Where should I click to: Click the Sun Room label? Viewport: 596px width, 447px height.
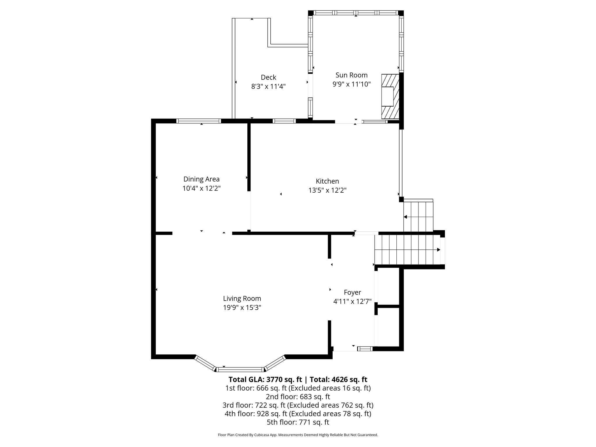click(x=352, y=75)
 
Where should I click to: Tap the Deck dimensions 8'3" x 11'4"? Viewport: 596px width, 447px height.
click(x=268, y=86)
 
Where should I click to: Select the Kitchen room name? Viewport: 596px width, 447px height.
click(x=327, y=181)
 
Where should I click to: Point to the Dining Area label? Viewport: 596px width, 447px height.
click(x=201, y=179)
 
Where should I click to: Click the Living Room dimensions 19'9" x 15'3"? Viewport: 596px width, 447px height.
click(x=242, y=308)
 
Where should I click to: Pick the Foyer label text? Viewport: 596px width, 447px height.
click(x=352, y=292)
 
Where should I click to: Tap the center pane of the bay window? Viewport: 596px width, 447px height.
click(x=240, y=370)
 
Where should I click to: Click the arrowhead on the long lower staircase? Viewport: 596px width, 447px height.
click(x=438, y=250)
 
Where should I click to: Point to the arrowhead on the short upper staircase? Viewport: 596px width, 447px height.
click(x=405, y=217)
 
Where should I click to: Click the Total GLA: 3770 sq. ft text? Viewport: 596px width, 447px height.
click(x=266, y=379)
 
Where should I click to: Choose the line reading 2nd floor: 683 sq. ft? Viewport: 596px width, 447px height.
click(x=298, y=396)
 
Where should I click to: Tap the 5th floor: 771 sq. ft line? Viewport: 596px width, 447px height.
click(x=298, y=422)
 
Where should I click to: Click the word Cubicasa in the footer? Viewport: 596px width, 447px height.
click(x=264, y=443)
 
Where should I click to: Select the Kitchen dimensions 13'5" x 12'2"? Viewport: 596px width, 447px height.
click(x=327, y=190)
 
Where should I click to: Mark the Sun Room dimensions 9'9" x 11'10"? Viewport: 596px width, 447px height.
click(x=352, y=84)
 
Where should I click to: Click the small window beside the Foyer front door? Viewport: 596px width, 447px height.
click(x=365, y=349)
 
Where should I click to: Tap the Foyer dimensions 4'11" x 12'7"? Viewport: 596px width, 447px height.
click(x=352, y=301)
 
